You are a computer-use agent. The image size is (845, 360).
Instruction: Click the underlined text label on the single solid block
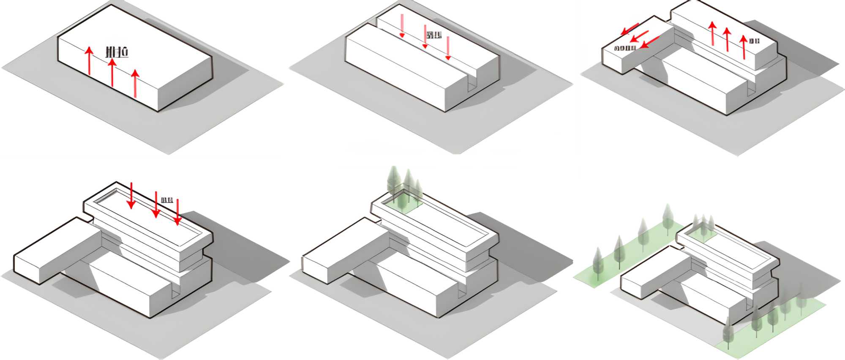point(117,52)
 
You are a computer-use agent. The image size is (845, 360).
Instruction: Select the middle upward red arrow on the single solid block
point(112,72)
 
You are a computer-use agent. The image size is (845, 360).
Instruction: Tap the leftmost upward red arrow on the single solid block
point(89,61)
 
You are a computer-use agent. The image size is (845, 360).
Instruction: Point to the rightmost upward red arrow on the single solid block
point(135,83)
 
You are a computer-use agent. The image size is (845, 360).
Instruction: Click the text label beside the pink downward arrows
point(434,35)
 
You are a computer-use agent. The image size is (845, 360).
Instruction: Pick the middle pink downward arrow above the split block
point(425,36)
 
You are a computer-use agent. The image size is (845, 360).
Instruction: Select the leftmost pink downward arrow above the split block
point(402,26)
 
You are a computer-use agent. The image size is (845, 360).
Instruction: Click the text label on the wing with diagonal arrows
point(625,48)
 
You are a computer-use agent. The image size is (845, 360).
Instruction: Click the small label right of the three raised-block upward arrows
point(754,41)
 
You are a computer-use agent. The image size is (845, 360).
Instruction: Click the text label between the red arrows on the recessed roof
point(167,199)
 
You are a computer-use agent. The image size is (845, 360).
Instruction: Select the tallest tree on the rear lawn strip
point(668,218)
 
